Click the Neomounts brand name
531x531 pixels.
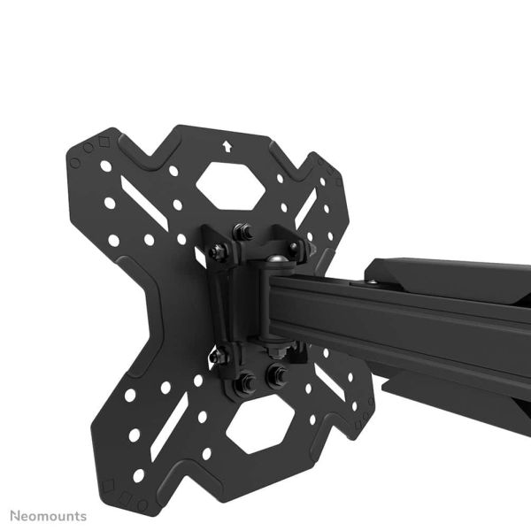click(x=49, y=514)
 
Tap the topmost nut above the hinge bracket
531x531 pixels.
click(x=239, y=232)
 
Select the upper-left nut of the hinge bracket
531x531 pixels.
click(x=218, y=250)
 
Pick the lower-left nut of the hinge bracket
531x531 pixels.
click(x=216, y=356)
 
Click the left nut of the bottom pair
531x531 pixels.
click(x=247, y=381)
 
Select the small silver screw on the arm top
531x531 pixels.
click(x=373, y=283)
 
